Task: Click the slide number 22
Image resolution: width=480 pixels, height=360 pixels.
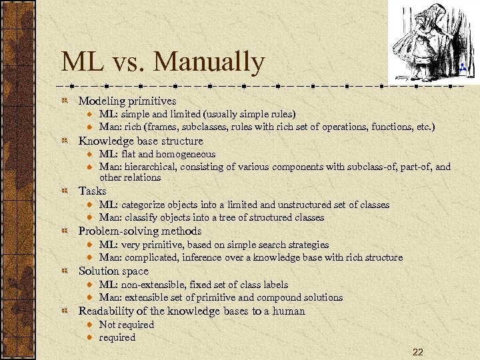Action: click(417, 351)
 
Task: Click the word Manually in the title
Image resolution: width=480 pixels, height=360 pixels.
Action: click(209, 62)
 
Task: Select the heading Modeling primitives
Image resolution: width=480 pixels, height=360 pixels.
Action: click(127, 101)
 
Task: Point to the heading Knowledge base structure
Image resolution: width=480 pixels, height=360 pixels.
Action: click(141, 141)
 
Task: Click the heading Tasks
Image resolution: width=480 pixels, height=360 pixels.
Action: click(92, 191)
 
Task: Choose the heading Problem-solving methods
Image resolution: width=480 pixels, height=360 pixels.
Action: click(140, 231)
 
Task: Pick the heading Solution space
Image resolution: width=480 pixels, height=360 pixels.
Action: click(115, 271)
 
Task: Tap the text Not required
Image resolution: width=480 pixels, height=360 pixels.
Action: click(126, 325)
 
